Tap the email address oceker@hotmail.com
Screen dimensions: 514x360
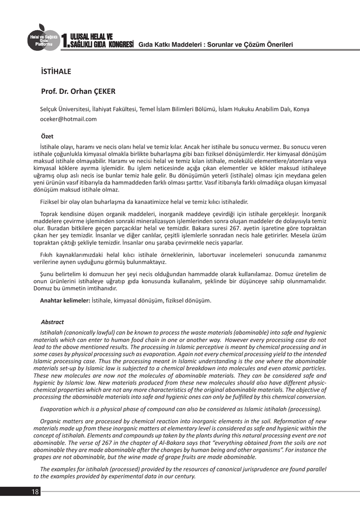68,119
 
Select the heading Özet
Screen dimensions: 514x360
47,136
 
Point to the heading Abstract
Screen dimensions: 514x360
52,322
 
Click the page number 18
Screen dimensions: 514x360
35,491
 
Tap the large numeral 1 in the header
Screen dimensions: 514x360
63,41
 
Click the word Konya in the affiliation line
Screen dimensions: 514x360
301,109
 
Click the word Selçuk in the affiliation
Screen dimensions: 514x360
49,109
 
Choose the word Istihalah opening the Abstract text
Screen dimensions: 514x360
53,332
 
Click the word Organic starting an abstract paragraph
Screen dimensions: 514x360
52,421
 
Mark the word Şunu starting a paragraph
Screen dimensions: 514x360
48,274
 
